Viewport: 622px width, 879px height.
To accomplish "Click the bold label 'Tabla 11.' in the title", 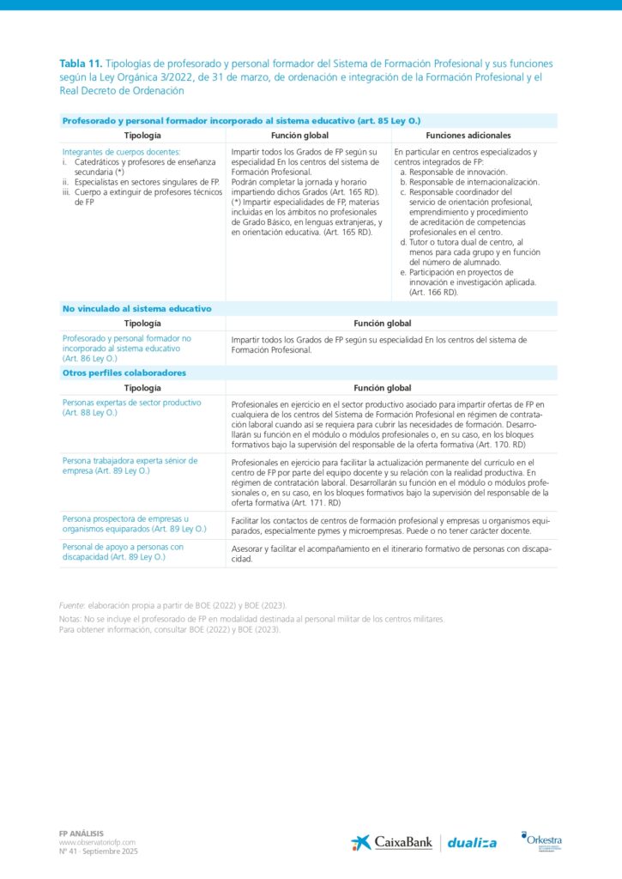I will [81, 64].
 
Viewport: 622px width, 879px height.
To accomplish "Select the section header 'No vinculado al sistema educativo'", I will [136, 308].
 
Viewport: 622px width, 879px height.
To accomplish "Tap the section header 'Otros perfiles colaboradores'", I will [124, 373].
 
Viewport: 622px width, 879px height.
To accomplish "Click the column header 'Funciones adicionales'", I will [468, 136].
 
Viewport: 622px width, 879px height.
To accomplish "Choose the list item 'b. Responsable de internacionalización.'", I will [474, 182].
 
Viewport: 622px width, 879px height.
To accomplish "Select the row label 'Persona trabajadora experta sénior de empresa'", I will [130, 465].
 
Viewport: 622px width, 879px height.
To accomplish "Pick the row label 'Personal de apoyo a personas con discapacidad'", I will [123, 551].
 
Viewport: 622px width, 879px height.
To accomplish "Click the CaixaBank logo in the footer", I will [390, 843].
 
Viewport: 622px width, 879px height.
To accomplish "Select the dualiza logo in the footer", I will [472, 843].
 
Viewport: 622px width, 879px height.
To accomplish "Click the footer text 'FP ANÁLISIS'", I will [81, 833].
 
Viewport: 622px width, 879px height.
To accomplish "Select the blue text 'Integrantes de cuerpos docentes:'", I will [121, 152].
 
